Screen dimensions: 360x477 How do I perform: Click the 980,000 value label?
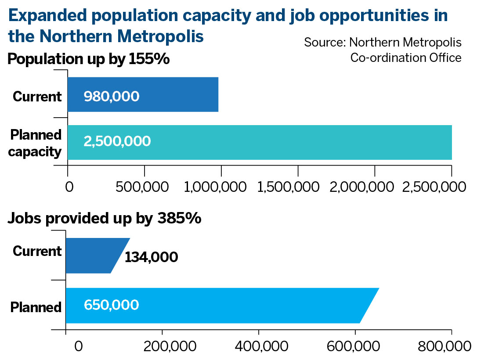[112, 96]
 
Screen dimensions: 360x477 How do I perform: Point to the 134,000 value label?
[151, 257]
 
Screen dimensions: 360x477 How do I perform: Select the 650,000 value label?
[112, 305]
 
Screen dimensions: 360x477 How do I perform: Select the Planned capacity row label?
[36, 143]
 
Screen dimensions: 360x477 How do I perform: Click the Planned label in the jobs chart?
[36, 307]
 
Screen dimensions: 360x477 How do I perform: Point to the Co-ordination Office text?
[405, 58]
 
